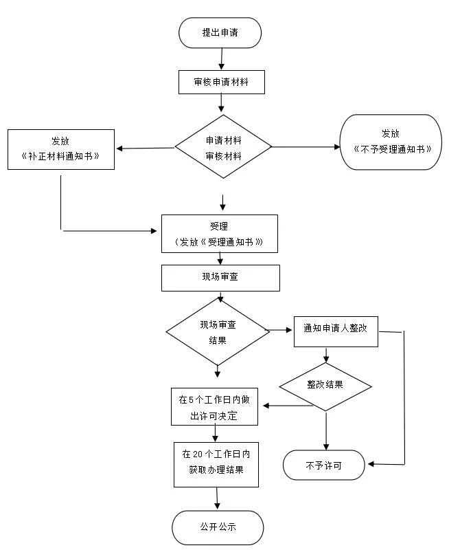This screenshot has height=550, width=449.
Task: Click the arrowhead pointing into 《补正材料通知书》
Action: tap(119, 148)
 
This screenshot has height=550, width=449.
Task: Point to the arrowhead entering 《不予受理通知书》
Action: tap(337, 147)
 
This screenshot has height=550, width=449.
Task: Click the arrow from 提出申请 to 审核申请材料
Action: tap(221, 59)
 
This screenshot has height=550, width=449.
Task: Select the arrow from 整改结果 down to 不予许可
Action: tap(326, 431)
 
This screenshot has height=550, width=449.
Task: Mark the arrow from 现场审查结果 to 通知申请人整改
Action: tap(281, 330)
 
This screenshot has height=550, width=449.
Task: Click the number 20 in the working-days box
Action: tap(198, 454)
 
